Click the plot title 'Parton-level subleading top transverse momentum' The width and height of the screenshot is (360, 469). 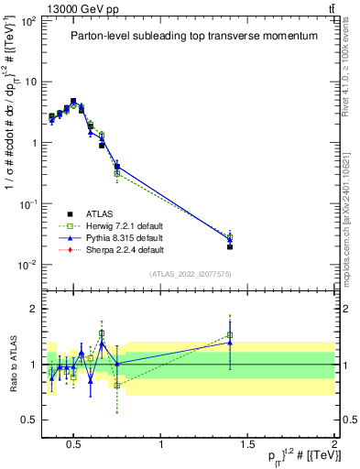[193, 36]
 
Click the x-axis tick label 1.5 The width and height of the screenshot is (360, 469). [247, 445]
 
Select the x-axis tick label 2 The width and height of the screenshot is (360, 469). [334, 445]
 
